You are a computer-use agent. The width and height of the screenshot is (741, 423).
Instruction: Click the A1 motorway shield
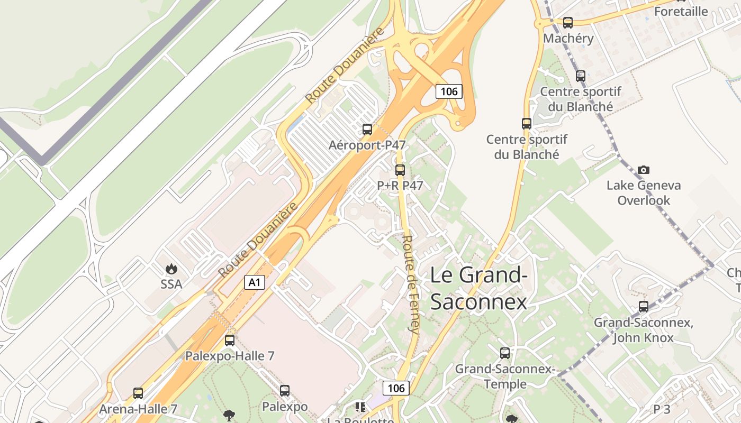point(255,282)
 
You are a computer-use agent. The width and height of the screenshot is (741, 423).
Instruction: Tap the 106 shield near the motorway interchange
point(449,91)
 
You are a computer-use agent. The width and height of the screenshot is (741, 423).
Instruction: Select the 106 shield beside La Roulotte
point(396,388)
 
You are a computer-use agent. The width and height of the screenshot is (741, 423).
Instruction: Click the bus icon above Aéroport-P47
point(367,130)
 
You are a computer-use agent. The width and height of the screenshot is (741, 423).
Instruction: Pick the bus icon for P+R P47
point(400,170)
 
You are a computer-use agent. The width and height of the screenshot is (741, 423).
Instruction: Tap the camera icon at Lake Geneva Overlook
point(644,170)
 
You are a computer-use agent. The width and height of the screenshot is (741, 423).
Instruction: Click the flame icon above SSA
point(171,269)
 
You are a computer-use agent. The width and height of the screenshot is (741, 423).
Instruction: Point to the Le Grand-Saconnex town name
point(478,289)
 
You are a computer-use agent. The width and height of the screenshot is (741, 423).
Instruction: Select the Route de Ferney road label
point(411,283)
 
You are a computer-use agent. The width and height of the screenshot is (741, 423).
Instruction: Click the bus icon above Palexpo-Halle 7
point(230,341)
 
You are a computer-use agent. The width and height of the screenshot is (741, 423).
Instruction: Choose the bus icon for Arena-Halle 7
point(138,393)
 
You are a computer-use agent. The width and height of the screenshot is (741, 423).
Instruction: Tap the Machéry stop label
point(568,38)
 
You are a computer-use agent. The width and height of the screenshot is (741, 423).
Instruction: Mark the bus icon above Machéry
point(568,23)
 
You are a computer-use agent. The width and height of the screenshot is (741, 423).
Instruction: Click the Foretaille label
point(681,11)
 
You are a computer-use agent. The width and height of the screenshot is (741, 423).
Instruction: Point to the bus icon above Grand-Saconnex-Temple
point(505,353)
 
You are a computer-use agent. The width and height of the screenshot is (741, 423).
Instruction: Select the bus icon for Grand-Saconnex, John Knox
point(644,307)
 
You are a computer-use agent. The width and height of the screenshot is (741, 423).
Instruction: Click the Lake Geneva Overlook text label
point(644,193)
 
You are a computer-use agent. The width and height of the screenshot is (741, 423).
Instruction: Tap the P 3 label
point(662,409)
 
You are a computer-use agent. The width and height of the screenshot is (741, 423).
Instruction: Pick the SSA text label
point(171,284)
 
